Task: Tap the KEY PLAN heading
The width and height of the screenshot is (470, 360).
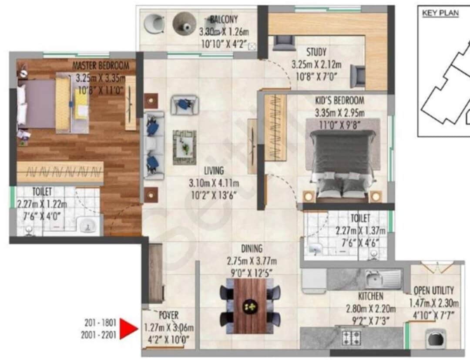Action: point(440,13)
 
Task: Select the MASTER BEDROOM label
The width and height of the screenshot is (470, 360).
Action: point(101,66)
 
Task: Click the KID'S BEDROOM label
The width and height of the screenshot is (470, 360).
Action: point(339,101)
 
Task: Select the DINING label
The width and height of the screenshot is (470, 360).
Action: point(252,249)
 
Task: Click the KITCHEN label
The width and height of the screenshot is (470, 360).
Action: point(370,296)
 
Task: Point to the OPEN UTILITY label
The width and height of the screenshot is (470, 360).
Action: point(433,290)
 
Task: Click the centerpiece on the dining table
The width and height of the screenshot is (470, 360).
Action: point(250,306)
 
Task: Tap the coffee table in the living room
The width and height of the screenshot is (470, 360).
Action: point(185,148)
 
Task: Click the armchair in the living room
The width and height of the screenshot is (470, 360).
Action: point(185,105)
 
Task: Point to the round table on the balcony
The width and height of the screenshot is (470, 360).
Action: point(183,24)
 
